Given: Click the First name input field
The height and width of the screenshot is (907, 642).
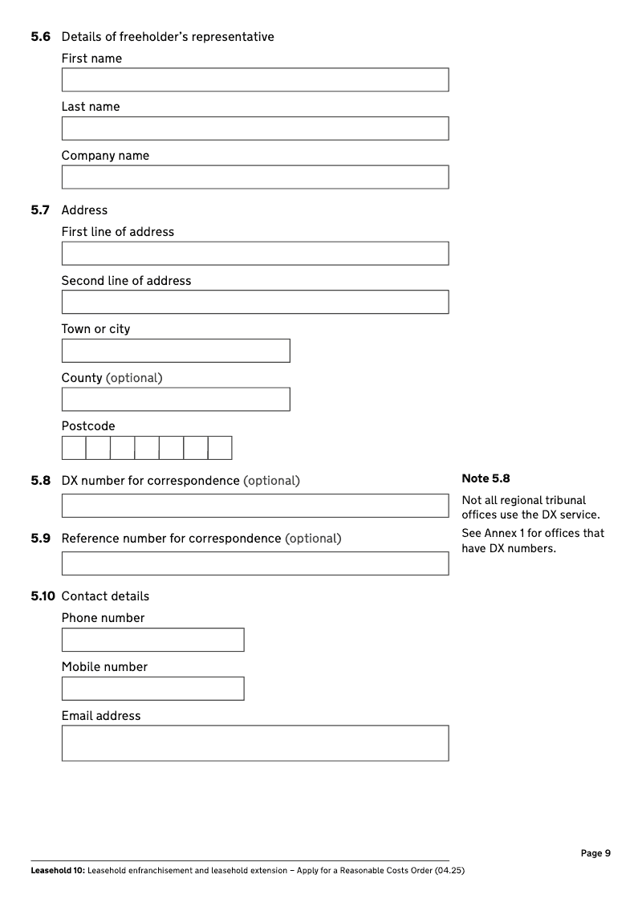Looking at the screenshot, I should click(x=255, y=79).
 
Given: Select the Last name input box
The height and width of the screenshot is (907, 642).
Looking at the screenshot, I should click(x=255, y=128).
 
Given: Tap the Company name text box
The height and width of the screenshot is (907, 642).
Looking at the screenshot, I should click(x=255, y=177).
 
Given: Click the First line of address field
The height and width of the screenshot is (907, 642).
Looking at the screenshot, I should click(x=255, y=254).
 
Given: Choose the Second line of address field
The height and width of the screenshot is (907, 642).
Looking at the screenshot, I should click(x=255, y=302).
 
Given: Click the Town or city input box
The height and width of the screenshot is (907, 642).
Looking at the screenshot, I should click(x=176, y=351).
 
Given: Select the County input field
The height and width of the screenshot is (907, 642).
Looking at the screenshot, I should click(x=176, y=400).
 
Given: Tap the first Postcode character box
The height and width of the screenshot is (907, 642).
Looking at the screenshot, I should click(x=74, y=448).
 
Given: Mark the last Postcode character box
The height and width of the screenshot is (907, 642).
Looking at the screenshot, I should click(x=220, y=448).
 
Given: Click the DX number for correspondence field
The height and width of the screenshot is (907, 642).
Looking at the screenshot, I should click(x=255, y=506).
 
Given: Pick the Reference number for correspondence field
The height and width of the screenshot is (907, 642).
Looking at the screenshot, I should click(x=255, y=563).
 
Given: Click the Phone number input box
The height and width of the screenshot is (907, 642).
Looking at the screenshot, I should click(x=152, y=640).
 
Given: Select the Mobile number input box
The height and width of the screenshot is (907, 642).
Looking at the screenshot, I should click(x=152, y=689).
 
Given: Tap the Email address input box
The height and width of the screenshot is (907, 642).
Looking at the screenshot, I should click(x=255, y=743).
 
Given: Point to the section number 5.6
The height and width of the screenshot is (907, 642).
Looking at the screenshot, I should click(x=41, y=37).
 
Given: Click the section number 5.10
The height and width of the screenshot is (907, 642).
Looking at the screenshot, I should click(x=43, y=596).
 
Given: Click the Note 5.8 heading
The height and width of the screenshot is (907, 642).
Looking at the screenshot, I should click(x=486, y=478).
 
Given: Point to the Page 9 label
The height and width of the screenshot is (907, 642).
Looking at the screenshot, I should click(x=595, y=853).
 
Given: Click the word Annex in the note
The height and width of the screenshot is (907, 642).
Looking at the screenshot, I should click(x=500, y=534).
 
